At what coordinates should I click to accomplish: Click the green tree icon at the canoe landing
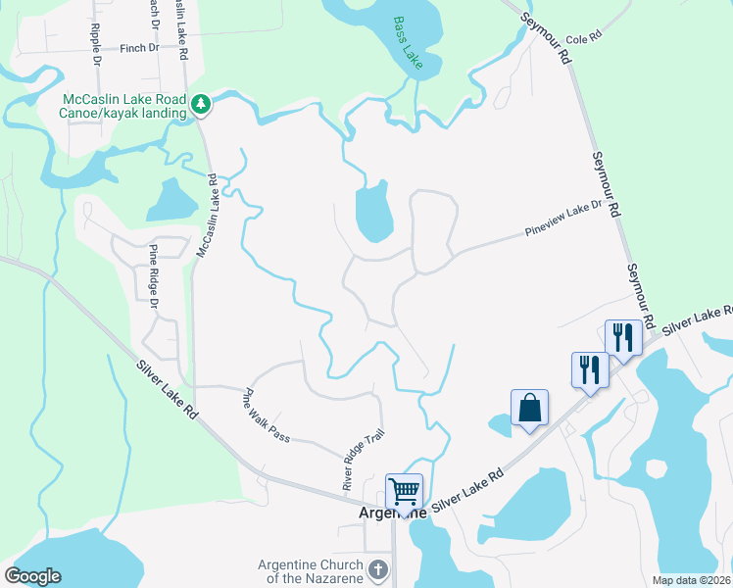(200, 102)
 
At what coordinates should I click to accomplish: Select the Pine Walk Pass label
(267, 416)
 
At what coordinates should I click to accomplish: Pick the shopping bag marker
(529, 407)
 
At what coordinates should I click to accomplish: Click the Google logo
(32, 576)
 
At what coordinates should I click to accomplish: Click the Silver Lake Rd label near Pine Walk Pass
(167, 391)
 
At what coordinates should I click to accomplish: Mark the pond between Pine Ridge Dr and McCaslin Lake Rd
(171, 201)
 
